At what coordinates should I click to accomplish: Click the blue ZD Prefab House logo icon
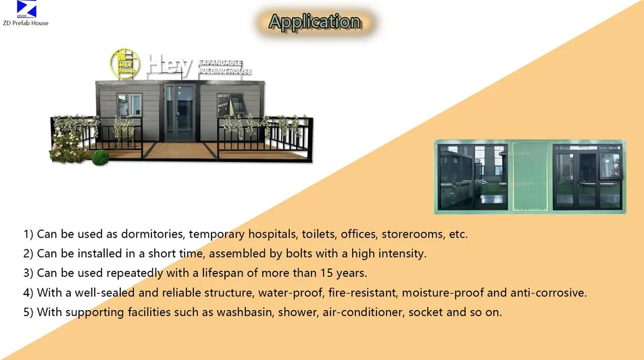coord(26,9)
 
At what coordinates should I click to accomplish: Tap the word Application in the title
coord(314,22)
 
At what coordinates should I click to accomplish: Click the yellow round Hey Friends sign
coord(124,62)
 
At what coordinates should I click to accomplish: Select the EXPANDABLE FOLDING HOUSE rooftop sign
coord(225,67)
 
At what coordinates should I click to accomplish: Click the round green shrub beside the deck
coord(100,158)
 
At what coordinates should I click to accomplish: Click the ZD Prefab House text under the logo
coord(26,24)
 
